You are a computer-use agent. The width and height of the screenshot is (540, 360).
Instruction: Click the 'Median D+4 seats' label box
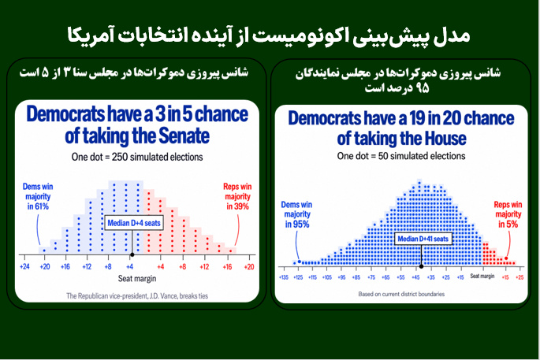(x=134, y=223)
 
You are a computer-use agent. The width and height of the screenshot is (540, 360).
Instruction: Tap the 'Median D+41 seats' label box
(x=423, y=239)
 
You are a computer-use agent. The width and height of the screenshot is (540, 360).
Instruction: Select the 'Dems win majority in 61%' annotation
(x=38, y=196)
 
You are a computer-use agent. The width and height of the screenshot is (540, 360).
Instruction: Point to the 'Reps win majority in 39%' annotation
(x=237, y=196)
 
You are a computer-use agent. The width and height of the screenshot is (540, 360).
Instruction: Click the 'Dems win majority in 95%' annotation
(x=297, y=214)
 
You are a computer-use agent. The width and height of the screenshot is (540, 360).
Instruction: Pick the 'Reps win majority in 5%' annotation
(x=508, y=214)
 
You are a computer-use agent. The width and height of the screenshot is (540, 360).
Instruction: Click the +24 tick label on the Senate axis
(x=24, y=267)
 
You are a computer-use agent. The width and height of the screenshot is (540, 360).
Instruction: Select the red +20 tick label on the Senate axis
(x=249, y=267)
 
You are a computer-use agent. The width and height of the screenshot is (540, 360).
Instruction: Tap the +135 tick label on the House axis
(x=284, y=277)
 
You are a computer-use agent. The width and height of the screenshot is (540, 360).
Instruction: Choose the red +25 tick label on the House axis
(x=520, y=277)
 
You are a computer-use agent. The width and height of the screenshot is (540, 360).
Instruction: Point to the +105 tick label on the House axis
(x=327, y=277)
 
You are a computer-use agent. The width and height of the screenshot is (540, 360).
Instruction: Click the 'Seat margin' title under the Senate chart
(x=137, y=278)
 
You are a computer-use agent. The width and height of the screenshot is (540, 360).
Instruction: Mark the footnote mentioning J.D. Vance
(x=137, y=296)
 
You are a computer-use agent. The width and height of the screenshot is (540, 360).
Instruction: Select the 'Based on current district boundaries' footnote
(x=401, y=294)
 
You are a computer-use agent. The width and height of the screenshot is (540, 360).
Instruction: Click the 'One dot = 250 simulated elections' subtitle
(x=137, y=157)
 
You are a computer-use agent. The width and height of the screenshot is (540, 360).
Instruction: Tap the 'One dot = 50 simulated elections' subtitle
(x=401, y=156)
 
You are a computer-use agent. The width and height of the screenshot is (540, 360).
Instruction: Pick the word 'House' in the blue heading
(x=445, y=139)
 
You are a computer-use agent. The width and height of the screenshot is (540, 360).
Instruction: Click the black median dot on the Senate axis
(x=132, y=254)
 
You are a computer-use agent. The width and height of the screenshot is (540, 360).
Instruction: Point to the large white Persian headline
(x=269, y=35)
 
